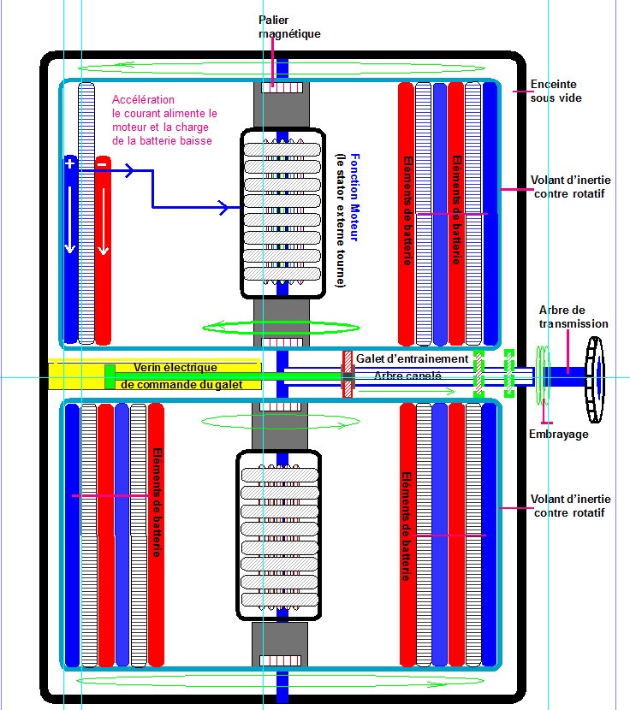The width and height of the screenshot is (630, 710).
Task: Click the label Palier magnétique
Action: point(289,27)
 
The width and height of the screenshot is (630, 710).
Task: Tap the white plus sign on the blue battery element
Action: point(70,163)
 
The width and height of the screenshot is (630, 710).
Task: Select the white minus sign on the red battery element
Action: point(102,163)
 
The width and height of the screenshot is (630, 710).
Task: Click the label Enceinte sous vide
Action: point(553,91)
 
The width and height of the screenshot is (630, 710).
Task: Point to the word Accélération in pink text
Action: point(143,100)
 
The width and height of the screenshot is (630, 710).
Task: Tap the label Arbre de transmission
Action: point(574,317)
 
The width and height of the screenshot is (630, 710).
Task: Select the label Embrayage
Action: point(558,435)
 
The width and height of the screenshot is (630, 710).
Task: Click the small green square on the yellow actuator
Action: point(110,376)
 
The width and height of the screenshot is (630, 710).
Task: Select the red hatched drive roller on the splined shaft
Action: point(348,374)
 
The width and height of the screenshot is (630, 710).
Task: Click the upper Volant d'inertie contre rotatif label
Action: point(570,186)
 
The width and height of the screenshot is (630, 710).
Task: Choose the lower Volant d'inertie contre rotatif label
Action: point(570,506)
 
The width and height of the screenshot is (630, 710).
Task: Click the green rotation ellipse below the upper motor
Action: point(281,326)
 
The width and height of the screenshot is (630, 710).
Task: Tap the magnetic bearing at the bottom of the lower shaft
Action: point(281,664)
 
